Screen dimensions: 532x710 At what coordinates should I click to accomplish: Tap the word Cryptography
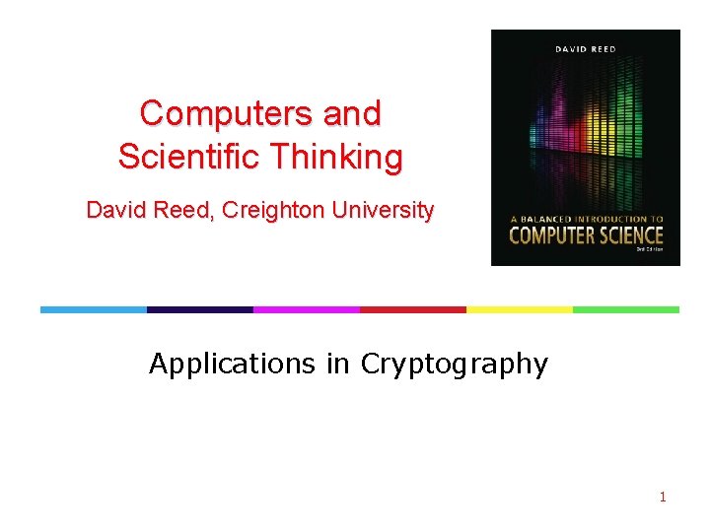click(x=454, y=365)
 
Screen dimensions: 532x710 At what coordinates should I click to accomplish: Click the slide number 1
click(x=663, y=497)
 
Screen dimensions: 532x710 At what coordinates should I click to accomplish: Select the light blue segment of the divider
click(x=93, y=309)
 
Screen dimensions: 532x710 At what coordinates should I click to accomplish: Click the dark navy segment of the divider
click(x=199, y=309)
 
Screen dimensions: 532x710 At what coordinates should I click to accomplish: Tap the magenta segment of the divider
click(x=306, y=309)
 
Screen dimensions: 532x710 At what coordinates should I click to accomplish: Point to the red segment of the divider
click(x=412, y=309)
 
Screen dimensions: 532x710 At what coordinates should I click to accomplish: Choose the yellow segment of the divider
click(x=519, y=309)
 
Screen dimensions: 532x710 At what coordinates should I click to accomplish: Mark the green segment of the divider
click(x=625, y=309)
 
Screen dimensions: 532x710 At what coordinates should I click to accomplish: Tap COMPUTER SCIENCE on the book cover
click(x=586, y=235)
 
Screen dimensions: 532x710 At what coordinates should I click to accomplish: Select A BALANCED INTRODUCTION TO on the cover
click(x=586, y=219)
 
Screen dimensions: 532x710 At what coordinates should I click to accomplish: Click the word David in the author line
click(x=114, y=210)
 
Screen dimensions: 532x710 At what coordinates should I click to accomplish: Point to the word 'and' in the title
click(x=352, y=113)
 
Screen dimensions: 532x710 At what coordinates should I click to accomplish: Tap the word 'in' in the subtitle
click(x=337, y=365)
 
